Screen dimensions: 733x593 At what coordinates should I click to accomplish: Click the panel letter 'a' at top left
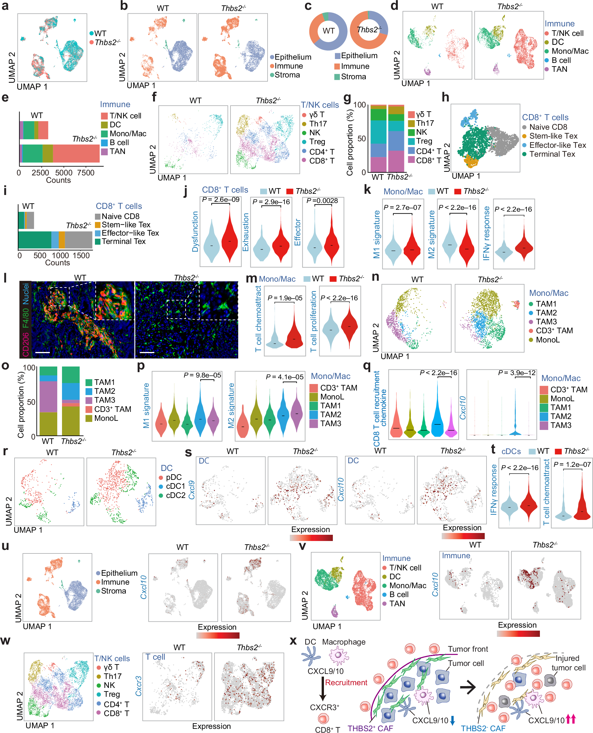pos(5,6)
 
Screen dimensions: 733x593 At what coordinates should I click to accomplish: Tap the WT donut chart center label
pos(328,31)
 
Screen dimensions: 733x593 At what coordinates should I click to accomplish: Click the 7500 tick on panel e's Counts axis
pos(85,173)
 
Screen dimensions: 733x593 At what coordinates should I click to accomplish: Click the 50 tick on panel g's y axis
pos(361,139)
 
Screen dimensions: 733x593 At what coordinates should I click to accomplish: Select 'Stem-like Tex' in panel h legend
pos(553,136)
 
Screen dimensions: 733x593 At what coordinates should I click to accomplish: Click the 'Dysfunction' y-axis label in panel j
pos(195,231)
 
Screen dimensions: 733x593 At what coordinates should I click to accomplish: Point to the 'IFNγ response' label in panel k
pos(487,233)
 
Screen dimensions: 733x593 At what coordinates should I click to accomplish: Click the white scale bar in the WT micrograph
pos(42,352)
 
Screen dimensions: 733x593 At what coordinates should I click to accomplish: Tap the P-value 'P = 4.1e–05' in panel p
pos(284,377)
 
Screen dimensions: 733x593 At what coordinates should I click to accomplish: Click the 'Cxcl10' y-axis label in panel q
pos(462,408)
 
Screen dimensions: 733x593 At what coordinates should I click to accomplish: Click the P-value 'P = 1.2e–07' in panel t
pos(572,464)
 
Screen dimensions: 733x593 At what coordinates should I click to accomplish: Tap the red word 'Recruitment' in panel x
pos(346,683)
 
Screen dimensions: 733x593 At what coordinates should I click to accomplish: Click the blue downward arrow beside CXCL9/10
pos(453,720)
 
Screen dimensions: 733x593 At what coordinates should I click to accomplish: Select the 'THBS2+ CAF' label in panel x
pos(370,728)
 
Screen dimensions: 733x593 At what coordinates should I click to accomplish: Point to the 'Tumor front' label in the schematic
pos(468,649)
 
